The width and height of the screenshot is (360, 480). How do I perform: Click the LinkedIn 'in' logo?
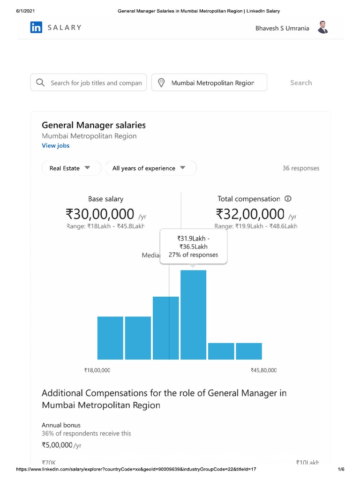[36, 28]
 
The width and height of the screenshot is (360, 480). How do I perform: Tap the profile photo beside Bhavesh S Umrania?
[322, 28]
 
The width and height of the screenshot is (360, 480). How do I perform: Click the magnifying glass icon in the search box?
[41, 82]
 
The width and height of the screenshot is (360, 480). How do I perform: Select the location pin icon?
[161, 82]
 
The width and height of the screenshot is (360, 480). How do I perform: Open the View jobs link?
[55, 145]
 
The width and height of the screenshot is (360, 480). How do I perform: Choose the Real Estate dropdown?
[71, 168]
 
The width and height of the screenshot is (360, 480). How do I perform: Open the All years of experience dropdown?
[150, 168]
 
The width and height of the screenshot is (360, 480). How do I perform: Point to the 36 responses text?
[300, 168]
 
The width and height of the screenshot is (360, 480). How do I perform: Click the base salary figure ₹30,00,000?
[100, 214]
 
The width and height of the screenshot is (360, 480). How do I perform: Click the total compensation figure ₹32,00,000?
[250, 214]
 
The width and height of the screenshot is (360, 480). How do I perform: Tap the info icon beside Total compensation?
[288, 199]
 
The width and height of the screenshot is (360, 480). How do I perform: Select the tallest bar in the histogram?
[193, 315]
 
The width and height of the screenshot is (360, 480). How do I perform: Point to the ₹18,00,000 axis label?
[97, 370]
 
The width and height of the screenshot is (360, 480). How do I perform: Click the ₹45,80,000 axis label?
[263, 370]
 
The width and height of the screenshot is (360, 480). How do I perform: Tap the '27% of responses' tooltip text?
[193, 255]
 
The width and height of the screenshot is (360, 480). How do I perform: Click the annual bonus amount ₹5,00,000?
[57, 445]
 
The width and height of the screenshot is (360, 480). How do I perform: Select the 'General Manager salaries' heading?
[94, 125]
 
